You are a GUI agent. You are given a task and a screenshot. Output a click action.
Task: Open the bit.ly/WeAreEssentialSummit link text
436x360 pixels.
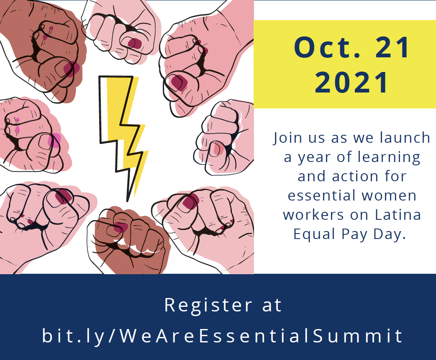pos(223,336)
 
